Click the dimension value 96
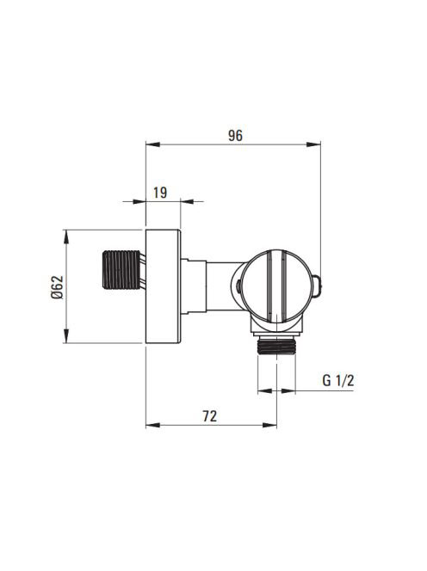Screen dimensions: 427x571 tap(235, 136)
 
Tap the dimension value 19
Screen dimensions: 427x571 tap(160, 193)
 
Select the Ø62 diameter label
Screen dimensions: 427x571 tap(58, 287)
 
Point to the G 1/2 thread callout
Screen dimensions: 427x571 tap(338, 381)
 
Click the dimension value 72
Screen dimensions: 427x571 tap(210, 416)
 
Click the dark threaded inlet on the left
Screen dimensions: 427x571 tap(121, 270)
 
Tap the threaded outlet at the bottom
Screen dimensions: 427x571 tap(276, 346)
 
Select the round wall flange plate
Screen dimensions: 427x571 tap(163, 286)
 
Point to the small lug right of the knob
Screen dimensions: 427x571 tap(317, 285)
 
